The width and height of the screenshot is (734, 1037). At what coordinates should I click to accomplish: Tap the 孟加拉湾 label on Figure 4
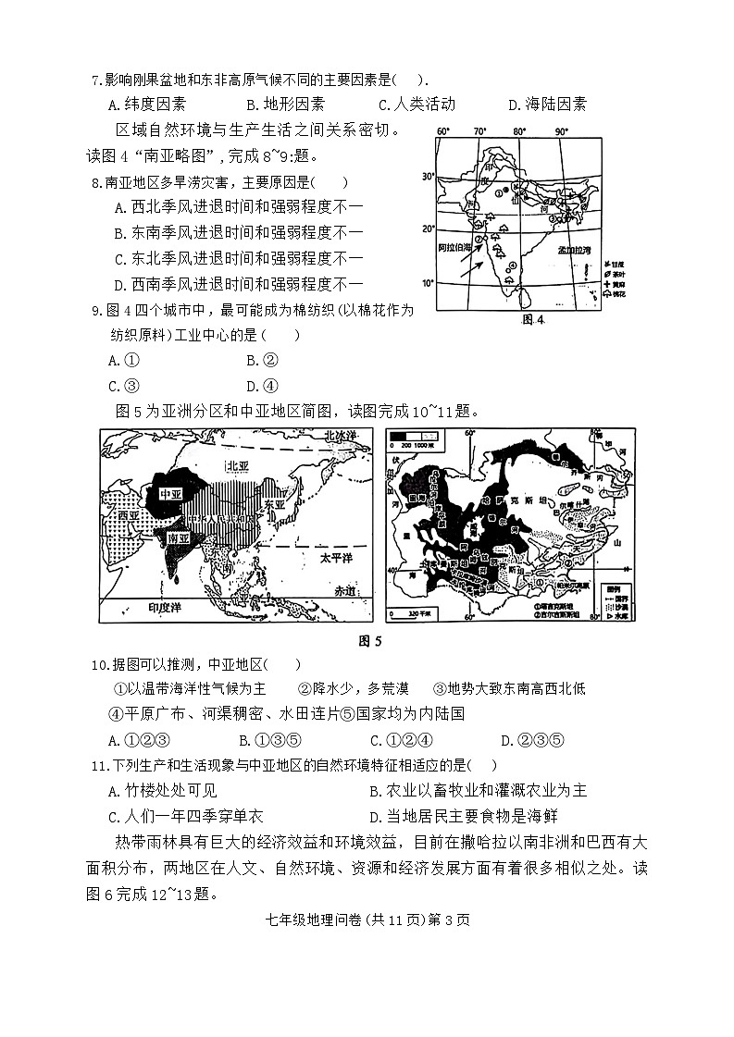click(575, 250)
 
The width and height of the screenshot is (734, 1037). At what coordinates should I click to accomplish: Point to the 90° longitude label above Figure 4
click(562, 131)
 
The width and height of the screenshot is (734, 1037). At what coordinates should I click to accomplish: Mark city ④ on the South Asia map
click(511, 267)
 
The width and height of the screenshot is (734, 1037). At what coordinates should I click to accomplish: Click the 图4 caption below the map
click(535, 320)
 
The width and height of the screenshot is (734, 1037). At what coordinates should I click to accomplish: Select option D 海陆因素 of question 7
click(547, 105)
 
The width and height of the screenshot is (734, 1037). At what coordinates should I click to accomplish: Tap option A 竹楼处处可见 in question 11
click(162, 790)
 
